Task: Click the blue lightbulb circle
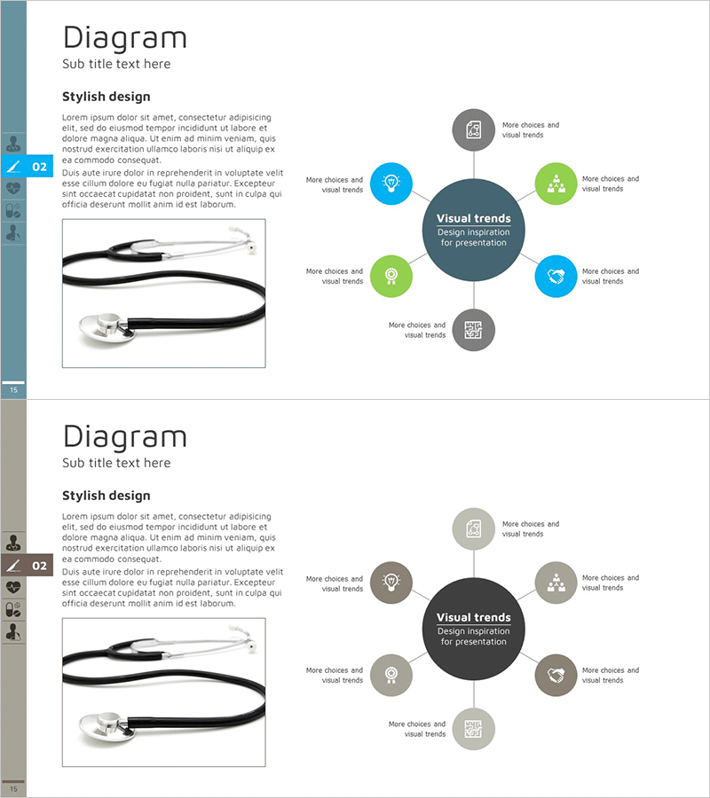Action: (x=390, y=184)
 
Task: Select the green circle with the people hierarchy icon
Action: (x=556, y=184)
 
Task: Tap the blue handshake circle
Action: (x=556, y=276)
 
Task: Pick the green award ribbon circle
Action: (x=390, y=276)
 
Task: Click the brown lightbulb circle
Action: (x=390, y=583)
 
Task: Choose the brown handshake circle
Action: (x=556, y=675)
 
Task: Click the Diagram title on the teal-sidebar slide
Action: (x=125, y=38)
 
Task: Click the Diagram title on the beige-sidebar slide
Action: (x=125, y=437)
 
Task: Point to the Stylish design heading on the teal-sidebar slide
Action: (x=106, y=97)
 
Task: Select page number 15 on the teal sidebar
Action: (x=13, y=390)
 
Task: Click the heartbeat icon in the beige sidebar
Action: (x=13, y=587)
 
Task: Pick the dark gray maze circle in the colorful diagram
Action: (x=474, y=330)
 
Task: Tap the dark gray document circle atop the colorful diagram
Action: (x=474, y=129)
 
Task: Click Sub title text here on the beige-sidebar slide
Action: (x=116, y=463)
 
